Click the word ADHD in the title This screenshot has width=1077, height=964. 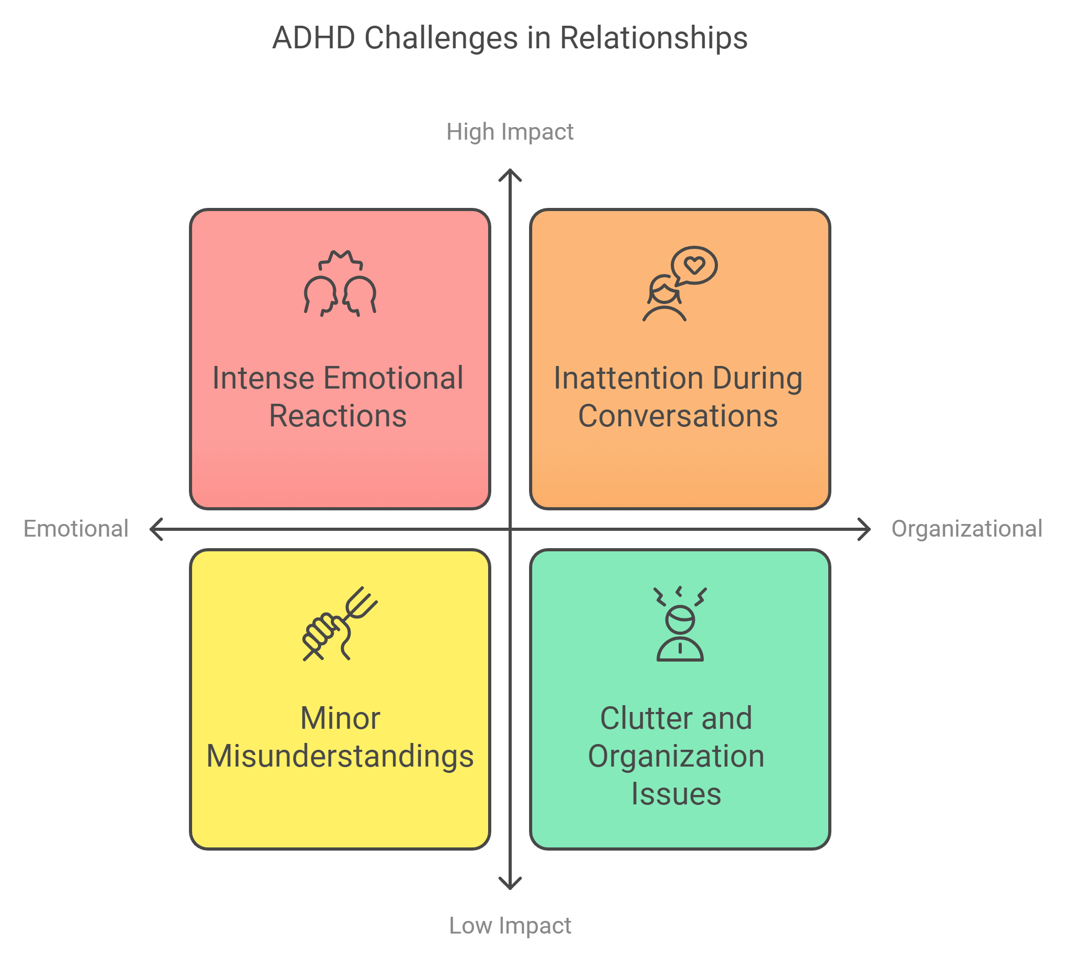(313, 38)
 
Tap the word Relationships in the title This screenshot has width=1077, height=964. (653, 38)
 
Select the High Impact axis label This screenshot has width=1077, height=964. (510, 132)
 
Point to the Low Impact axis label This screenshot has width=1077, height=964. (510, 926)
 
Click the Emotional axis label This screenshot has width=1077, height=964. (76, 529)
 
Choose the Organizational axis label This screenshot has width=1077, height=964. (967, 529)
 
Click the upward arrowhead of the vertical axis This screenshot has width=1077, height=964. (510, 174)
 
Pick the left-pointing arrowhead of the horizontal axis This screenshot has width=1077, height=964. (155, 529)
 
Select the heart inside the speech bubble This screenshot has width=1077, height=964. (694, 264)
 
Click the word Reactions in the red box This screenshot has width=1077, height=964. (338, 416)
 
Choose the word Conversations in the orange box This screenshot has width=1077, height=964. (678, 416)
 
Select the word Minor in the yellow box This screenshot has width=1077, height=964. (340, 718)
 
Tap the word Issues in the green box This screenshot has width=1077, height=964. (676, 793)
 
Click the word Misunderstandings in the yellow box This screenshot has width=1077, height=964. (340, 756)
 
